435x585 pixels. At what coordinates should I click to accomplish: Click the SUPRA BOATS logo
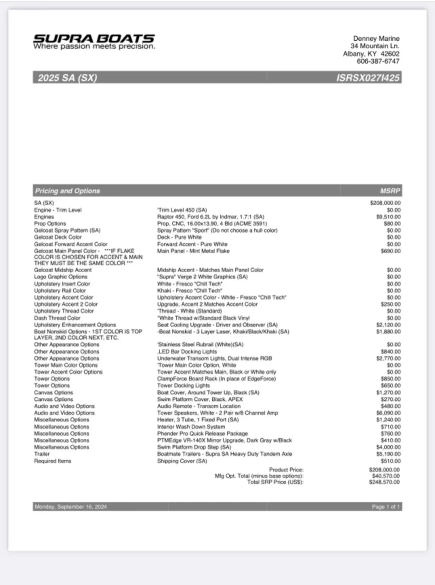click(94, 42)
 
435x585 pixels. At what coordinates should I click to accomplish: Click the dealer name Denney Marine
click(376, 38)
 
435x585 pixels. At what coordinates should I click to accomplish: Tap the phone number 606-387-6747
click(378, 61)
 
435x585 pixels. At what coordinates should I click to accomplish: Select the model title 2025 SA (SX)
click(67, 78)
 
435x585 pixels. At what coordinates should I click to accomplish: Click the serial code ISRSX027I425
click(368, 78)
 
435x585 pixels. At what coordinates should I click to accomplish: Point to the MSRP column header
click(390, 191)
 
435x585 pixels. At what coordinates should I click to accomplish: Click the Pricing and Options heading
click(67, 191)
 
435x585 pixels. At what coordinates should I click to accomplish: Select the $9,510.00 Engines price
click(388, 217)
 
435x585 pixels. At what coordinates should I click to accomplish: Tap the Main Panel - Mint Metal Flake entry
click(193, 251)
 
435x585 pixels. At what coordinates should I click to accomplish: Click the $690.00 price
click(391, 251)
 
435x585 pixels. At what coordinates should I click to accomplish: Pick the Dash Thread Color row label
click(57, 318)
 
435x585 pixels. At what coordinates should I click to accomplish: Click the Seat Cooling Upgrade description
click(217, 325)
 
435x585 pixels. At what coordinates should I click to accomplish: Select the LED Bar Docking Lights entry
click(187, 352)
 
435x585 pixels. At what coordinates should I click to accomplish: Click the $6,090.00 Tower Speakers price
click(388, 413)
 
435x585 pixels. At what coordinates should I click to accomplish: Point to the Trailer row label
click(42, 454)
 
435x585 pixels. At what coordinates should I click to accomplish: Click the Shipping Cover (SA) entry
click(182, 461)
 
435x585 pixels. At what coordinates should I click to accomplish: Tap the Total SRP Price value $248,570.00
click(384, 482)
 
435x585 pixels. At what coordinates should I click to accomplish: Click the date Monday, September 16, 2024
click(71, 507)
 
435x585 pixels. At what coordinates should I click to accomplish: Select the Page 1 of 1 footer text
click(386, 507)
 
